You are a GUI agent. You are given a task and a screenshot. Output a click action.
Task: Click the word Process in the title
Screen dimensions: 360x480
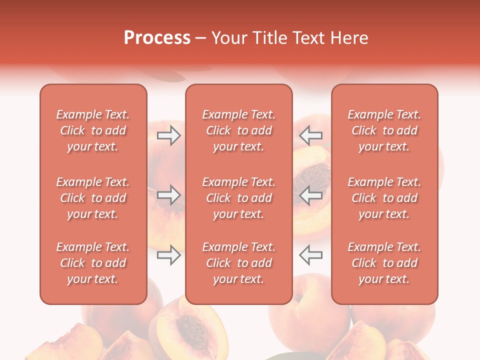(157, 38)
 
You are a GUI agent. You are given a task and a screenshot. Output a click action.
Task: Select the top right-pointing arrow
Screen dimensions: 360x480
(168, 135)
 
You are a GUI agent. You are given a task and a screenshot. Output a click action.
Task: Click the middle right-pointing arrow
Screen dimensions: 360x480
(168, 195)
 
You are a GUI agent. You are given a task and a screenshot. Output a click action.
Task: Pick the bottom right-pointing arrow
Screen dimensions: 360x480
(168, 255)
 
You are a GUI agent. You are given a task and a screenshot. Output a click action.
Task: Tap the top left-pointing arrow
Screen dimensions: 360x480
(310, 135)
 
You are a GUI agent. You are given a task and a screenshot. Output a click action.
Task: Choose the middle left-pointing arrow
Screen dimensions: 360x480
(310, 195)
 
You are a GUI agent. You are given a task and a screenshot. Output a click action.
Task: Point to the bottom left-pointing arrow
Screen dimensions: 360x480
(310, 255)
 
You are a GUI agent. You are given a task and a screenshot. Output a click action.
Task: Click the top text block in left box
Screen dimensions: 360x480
(93, 130)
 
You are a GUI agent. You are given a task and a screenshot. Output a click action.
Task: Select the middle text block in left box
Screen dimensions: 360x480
(93, 198)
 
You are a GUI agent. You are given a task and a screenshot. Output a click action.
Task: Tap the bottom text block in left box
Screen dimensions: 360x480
(93, 263)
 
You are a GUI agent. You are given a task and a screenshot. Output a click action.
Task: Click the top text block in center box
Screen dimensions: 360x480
(238, 130)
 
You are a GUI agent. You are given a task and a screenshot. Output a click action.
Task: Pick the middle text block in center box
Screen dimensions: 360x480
(238, 198)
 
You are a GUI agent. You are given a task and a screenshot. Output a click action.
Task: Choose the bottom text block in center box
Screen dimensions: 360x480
(238, 263)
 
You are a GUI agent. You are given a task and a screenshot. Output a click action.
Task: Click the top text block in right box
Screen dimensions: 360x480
(384, 130)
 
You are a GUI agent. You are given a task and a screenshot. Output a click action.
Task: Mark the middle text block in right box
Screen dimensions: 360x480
(384, 198)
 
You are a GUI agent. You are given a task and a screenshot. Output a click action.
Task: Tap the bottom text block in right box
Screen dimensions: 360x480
(384, 263)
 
